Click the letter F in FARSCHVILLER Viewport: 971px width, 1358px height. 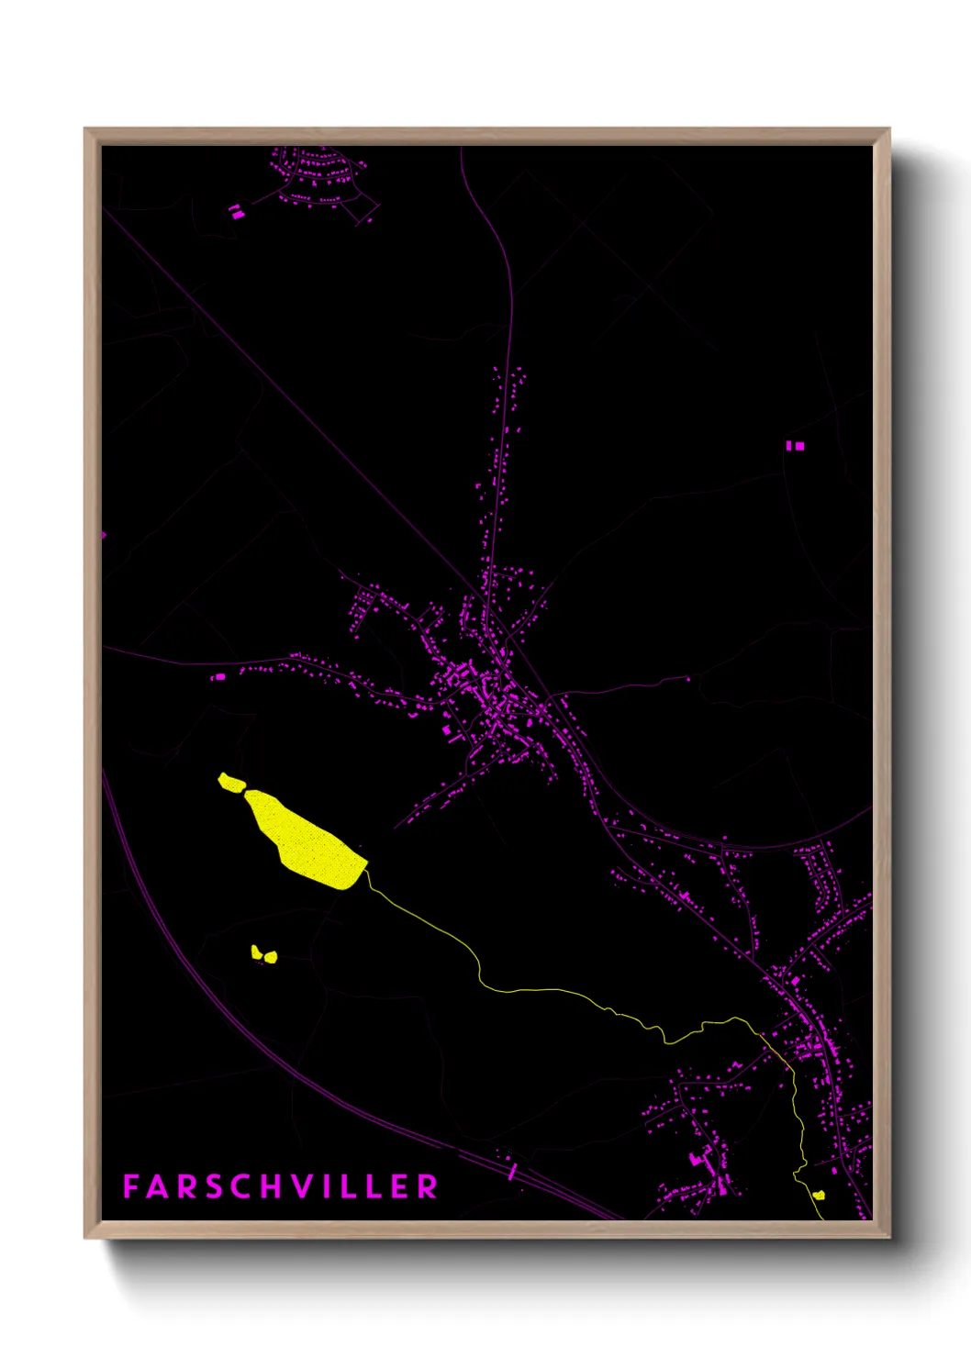[130, 1186]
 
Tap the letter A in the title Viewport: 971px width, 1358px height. [157, 1186]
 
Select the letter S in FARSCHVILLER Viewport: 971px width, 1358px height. [212, 1186]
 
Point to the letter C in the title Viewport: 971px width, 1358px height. [240, 1186]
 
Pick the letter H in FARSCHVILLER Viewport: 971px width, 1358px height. [270, 1186]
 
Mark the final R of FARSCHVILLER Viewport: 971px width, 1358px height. [428, 1186]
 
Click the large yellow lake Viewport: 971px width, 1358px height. [307, 840]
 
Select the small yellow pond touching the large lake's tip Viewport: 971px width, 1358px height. [231, 783]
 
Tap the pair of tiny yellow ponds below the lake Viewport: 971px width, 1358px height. [263, 954]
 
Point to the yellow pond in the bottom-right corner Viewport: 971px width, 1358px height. [819, 1195]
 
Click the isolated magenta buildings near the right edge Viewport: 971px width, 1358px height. [795, 446]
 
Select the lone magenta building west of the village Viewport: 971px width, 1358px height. [218, 677]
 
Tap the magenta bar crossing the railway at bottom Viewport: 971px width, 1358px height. [512, 1170]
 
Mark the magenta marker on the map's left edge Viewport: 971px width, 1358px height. [103, 535]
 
